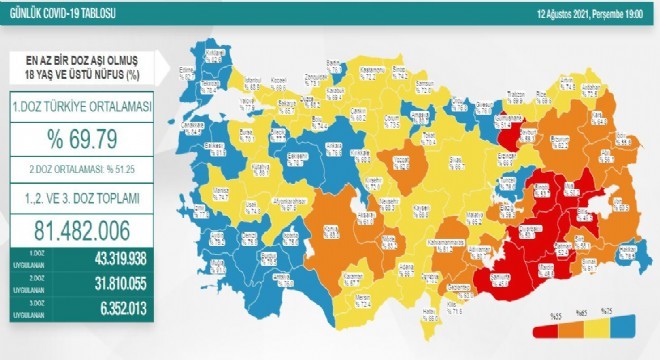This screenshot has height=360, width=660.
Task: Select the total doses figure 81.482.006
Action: click(x=89, y=229)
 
